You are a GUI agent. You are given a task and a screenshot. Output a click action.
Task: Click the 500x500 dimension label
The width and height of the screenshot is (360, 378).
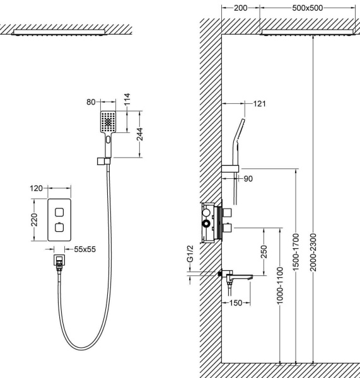click(x=308, y=8)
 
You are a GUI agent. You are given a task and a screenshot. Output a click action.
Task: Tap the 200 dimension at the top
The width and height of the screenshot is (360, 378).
click(x=241, y=8)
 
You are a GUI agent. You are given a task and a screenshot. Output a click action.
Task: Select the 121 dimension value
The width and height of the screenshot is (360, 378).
click(x=259, y=104)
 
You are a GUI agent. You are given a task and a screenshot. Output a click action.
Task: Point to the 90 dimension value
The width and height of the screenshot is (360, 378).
click(x=248, y=179)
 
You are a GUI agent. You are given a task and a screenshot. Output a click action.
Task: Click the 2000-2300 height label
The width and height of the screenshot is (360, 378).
click(x=313, y=252)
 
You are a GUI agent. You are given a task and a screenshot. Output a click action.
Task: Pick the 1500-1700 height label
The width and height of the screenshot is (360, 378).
click(x=296, y=252)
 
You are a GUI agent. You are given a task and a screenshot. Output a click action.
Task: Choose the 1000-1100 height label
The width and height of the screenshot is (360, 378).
click(x=280, y=285)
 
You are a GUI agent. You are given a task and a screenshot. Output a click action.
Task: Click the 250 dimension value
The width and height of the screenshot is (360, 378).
click(x=264, y=251)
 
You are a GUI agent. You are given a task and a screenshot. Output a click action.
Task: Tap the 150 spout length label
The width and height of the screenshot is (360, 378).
click(x=236, y=303)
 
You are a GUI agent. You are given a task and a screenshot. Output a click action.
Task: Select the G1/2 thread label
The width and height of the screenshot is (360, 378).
click(x=190, y=254)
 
